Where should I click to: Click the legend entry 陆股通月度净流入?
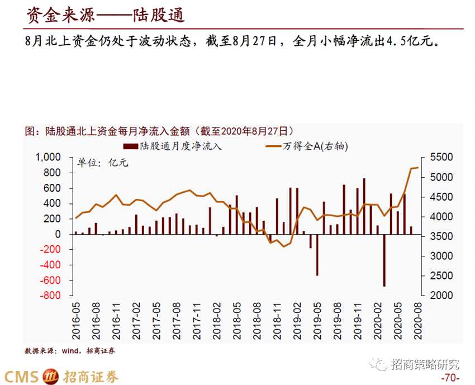(x=173, y=146)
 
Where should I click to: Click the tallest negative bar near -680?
(x=384, y=260)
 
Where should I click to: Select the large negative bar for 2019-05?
(x=317, y=255)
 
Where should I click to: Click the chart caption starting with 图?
(x=159, y=131)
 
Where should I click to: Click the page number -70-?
(x=450, y=378)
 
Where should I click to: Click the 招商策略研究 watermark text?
(x=425, y=364)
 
